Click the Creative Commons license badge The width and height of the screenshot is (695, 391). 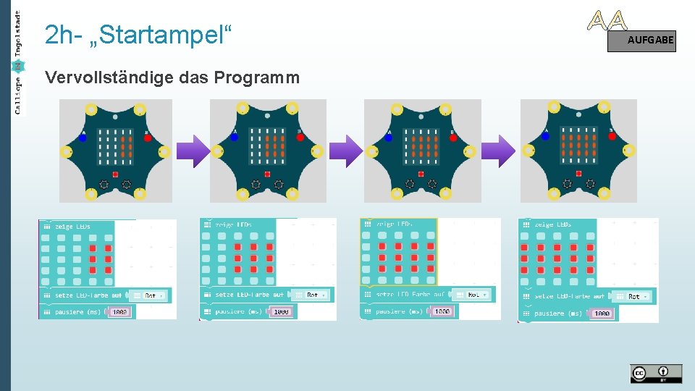point(655,373)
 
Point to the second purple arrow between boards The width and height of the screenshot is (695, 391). point(345,151)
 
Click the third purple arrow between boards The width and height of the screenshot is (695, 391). point(498,151)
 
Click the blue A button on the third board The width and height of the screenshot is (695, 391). point(389,138)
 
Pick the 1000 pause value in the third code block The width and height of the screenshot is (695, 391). point(442,311)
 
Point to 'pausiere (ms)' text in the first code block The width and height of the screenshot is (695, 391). point(77,312)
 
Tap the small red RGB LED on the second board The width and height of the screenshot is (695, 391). point(267,175)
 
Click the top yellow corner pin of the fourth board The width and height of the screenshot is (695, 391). point(554,107)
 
